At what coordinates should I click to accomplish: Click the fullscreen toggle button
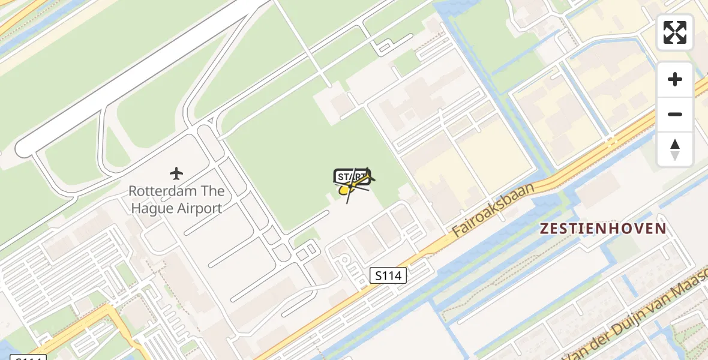[x=675, y=32]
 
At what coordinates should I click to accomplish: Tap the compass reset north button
[x=675, y=149]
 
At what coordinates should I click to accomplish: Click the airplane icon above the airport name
[x=176, y=174]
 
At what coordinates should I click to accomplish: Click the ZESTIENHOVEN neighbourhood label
[x=603, y=229]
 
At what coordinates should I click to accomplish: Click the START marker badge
[x=351, y=176]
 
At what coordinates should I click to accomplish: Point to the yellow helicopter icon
[x=346, y=190]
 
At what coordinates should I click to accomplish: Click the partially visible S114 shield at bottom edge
[x=28, y=358]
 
